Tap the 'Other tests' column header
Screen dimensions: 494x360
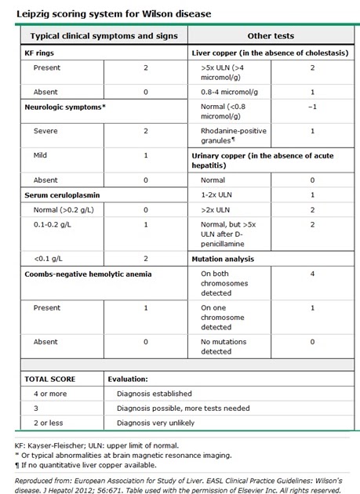point(269,36)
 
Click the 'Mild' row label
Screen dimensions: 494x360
point(42,156)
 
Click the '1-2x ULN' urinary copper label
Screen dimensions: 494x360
point(217,194)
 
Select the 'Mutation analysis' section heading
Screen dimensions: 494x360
point(227,258)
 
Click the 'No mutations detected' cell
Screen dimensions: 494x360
point(227,346)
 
